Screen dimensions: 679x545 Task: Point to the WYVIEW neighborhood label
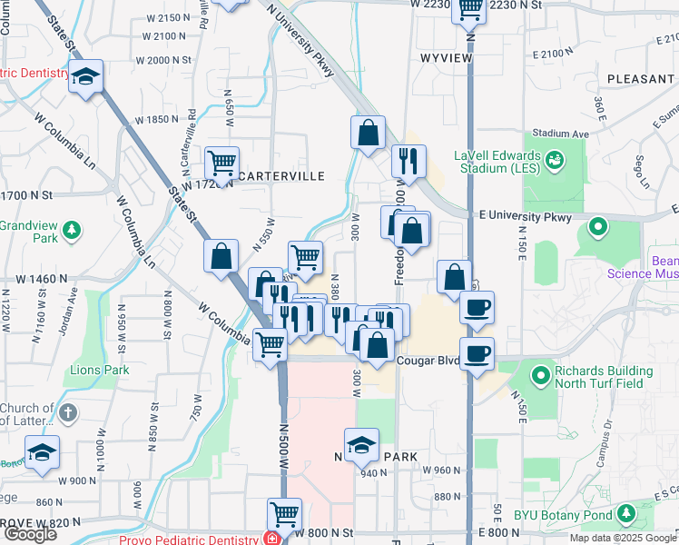tap(446, 57)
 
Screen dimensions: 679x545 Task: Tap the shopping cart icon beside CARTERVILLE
tap(221, 163)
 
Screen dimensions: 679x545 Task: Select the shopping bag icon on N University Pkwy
tap(368, 133)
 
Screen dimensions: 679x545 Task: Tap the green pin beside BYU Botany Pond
tap(625, 515)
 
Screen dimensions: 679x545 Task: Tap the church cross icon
tap(68, 414)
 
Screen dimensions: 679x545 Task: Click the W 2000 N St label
tap(163, 60)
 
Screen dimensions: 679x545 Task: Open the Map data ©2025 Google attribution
tap(624, 538)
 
